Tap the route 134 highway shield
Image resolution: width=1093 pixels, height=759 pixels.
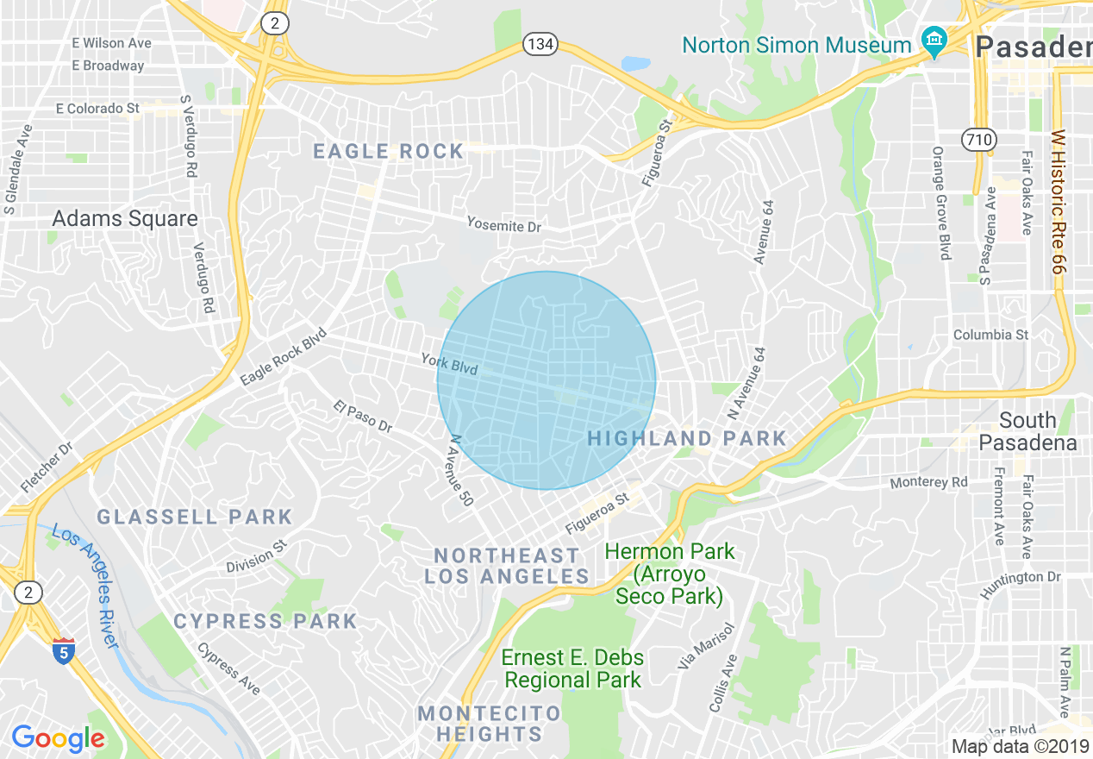pyautogui.click(x=540, y=44)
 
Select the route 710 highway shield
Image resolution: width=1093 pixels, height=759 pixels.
pyautogui.click(x=979, y=139)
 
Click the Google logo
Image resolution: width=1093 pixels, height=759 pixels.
pyautogui.click(x=58, y=738)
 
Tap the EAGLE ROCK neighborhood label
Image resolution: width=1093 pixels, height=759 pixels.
pyautogui.click(x=388, y=152)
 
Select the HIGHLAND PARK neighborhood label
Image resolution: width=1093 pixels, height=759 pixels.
pyautogui.click(x=687, y=439)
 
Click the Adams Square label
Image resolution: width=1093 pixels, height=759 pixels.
pyautogui.click(x=125, y=219)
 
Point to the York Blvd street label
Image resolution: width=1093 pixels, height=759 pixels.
pyautogui.click(x=449, y=364)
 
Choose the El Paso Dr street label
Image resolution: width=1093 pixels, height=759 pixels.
pyautogui.click(x=363, y=417)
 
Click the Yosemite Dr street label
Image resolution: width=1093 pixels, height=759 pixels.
pyautogui.click(x=503, y=226)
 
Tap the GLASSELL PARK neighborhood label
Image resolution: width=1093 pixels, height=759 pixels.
pyautogui.click(x=195, y=517)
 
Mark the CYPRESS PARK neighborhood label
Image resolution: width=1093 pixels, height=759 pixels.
pyautogui.click(x=265, y=622)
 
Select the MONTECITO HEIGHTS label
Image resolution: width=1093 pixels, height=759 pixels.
pyautogui.click(x=489, y=724)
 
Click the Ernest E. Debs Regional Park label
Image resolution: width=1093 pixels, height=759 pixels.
pyautogui.click(x=572, y=668)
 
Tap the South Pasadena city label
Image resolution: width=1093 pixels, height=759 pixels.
pyautogui.click(x=1027, y=431)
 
